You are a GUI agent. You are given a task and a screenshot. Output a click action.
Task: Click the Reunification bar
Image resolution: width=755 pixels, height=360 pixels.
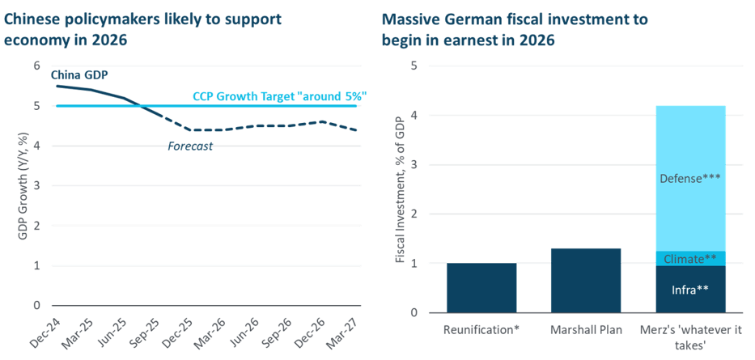481,287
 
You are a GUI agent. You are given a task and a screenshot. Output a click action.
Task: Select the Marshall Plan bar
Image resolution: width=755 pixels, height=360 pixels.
585,280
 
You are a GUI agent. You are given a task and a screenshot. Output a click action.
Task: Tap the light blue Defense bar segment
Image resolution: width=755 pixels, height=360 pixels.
690,178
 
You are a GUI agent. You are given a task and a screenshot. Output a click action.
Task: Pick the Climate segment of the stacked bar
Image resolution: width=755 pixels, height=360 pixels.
690,258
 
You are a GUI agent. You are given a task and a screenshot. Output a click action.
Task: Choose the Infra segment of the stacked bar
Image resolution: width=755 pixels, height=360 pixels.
690,289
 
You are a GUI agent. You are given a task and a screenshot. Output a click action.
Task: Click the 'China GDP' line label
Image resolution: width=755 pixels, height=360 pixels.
79,74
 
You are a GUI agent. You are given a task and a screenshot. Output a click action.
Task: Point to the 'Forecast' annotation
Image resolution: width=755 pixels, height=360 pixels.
190,146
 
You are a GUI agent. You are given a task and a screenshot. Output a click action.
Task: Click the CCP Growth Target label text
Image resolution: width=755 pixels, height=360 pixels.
279,96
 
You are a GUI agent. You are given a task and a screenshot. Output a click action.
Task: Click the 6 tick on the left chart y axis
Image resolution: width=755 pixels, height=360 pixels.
36,66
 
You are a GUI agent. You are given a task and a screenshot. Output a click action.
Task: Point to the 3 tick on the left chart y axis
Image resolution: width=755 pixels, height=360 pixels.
36,186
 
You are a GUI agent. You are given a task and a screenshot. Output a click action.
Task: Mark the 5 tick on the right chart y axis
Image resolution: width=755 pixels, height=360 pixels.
415,66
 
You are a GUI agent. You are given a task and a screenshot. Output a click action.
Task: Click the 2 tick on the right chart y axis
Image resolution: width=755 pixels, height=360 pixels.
415,214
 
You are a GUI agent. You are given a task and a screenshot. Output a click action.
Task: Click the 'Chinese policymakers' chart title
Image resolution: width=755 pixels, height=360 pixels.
142,29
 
